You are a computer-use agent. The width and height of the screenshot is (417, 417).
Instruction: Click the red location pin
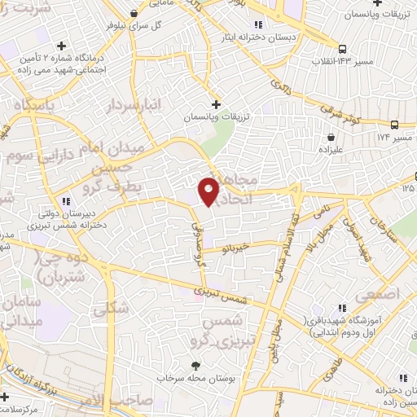pyautogui.click(x=210, y=191)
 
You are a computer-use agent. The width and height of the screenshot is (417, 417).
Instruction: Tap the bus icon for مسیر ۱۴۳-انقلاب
pyautogui.click(x=342, y=48)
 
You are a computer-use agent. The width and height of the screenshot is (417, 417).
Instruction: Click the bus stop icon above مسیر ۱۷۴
pyautogui.click(x=395, y=125)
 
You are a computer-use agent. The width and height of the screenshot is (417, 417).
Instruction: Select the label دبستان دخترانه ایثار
pyautogui.click(x=255, y=37)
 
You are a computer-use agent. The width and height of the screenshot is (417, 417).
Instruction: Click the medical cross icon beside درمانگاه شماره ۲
pyautogui.click(x=62, y=46)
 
